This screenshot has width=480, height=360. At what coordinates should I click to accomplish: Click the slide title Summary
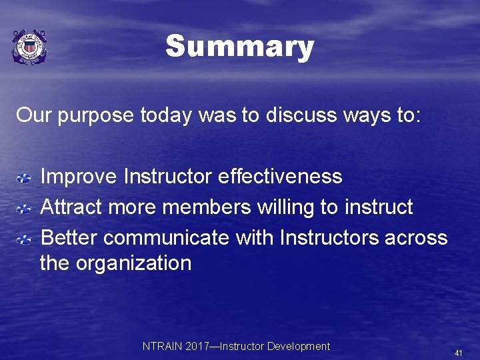click(x=239, y=47)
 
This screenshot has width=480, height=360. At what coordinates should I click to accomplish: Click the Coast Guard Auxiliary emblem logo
click(x=29, y=47)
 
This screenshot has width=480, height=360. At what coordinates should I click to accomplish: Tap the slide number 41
click(x=458, y=353)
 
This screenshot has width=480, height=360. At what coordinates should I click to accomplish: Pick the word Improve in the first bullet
click(x=79, y=177)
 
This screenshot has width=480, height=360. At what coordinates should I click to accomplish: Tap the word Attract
click(x=71, y=207)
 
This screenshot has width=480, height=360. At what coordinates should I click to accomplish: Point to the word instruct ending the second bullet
click(x=379, y=207)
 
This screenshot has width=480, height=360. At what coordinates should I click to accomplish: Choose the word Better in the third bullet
click(x=69, y=237)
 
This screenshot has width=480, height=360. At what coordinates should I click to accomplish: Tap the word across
click(x=416, y=237)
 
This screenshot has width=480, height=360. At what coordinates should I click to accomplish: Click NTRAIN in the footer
click(x=161, y=347)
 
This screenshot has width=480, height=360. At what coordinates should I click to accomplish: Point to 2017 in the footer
click(x=197, y=347)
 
